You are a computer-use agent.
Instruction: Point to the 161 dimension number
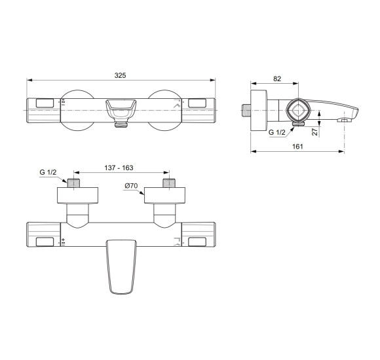pos(297,147)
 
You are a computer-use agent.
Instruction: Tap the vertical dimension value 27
pos(314,131)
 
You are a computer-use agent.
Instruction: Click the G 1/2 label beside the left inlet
pos(47,173)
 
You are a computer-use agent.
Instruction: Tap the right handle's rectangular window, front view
pos(197,102)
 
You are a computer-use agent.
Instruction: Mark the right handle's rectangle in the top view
pos(197,242)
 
